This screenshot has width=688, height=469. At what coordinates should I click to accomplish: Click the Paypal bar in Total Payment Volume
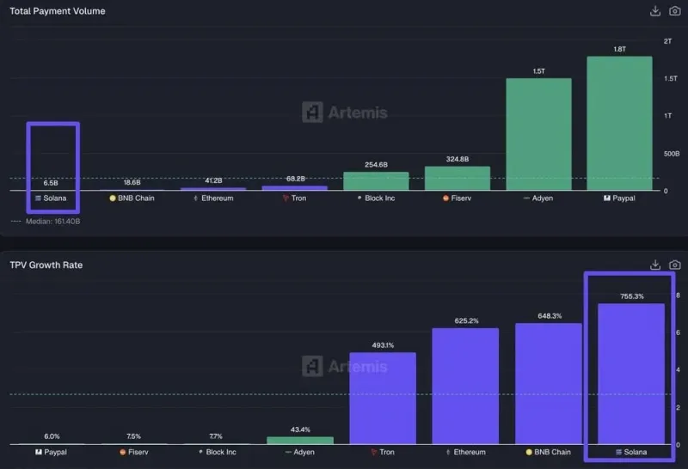pyautogui.click(x=619, y=123)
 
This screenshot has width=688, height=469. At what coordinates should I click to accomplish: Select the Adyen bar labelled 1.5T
pyautogui.click(x=538, y=134)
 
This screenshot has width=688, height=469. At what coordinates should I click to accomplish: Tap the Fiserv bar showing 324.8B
pyautogui.click(x=457, y=178)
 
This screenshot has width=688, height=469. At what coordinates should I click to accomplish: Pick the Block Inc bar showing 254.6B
pyautogui.click(x=376, y=180)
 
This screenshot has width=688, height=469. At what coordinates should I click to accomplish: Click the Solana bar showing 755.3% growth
pyautogui.click(x=631, y=373)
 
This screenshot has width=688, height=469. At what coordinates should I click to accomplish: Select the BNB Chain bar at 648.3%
pyautogui.click(x=549, y=383)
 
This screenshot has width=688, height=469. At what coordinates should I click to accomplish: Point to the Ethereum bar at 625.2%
pyautogui.click(x=465, y=386)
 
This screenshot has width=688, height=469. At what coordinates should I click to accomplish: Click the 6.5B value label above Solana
pyautogui.click(x=51, y=183)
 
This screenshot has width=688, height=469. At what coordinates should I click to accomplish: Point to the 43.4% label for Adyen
pyautogui.click(x=300, y=429)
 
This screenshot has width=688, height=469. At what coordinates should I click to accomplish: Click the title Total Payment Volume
pyautogui.click(x=58, y=11)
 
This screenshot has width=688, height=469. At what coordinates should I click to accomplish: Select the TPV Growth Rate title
pyautogui.click(x=46, y=265)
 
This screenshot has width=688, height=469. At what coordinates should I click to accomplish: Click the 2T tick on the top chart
pyautogui.click(x=668, y=41)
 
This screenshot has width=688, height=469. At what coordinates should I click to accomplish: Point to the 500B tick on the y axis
pyautogui.click(x=671, y=154)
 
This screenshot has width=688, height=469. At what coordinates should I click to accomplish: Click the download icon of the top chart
pyautogui.click(x=654, y=11)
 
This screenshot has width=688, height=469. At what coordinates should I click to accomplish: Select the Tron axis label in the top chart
pyautogui.click(x=294, y=198)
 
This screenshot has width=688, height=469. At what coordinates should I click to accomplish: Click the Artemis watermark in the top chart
pyautogui.click(x=345, y=112)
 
